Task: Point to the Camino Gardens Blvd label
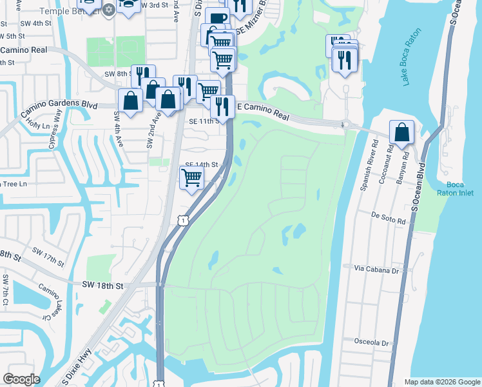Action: tap(58, 106)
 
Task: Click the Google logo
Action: tap(21, 379)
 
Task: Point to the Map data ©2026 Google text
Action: tap(441, 382)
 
